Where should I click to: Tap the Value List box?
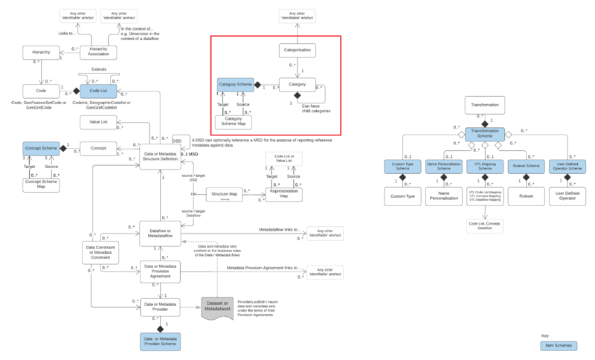pos(99,121)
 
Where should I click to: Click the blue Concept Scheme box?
pos(41,149)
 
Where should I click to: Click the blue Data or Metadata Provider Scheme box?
pos(160,341)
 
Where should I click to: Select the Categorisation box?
pos(297,51)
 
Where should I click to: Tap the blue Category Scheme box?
pos(236,86)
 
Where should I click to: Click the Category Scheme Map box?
pos(232,121)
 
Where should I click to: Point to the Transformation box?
pos(485,105)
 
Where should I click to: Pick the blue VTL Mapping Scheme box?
pos(485,167)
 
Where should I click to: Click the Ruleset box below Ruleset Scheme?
pos(527,198)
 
